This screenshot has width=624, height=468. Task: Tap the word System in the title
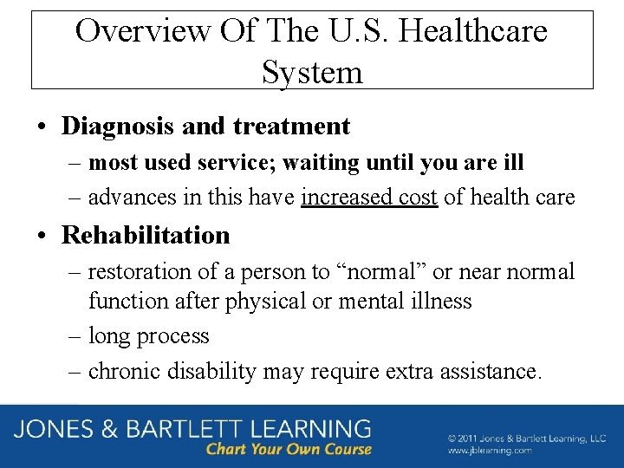[x=312, y=72]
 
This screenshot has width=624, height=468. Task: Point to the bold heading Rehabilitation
[x=146, y=235]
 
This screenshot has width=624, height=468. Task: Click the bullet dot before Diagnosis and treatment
[x=42, y=127]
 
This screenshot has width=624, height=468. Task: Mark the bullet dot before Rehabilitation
[x=42, y=236]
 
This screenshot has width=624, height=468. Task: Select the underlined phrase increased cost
[x=368, y=198]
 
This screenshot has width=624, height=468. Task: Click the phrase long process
[x=149, y=336]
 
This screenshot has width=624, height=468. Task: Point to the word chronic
[x=127, y=372]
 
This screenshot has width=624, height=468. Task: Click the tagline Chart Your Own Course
[x=289, y=449]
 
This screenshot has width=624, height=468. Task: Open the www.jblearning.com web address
[x=490, y=451]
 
